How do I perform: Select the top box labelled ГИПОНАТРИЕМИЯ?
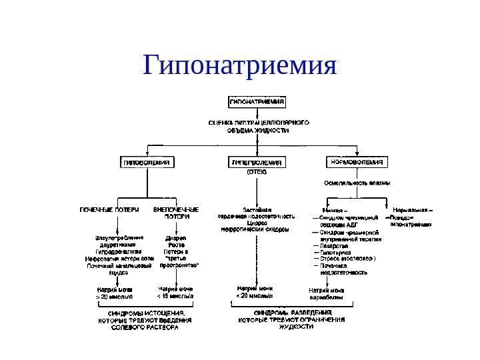tap(257, 103)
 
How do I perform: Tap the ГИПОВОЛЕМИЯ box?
tap(146, 162)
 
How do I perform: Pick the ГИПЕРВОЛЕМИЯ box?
tap(257, 162)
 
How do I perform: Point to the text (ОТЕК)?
tap(257, 172)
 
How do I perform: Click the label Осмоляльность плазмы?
tap(357, 182)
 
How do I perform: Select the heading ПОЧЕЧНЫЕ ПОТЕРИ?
tap(110, 210)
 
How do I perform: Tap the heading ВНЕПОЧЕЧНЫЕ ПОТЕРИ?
tap(176, 213)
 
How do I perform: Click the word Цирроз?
tap(257, 223)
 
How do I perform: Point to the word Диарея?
tap(175, 237)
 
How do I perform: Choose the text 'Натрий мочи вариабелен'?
tap(327, 294)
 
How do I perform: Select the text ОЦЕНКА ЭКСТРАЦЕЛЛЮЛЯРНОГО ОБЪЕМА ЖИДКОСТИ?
tap(257, 127)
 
